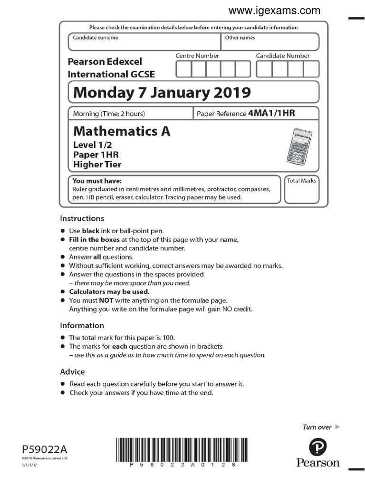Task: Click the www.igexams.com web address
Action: tap(274, 10)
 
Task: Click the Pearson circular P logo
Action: tap(318, 447)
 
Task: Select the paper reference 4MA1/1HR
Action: tap(271, 113)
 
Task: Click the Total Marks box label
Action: tap(301, 181)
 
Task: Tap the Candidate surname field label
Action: tap(95, 38)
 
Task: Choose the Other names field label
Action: tap(240, 38)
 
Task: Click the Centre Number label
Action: tap(197, 56)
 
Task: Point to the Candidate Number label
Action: tap(283, 56)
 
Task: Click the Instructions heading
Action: tap(82, 219)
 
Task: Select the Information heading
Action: tap(82, 326)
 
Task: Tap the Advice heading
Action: tap(72, 372)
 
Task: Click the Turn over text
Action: tap(317, 427)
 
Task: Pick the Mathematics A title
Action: tap(121, 131)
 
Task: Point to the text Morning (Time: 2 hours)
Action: tap(109, 114)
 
